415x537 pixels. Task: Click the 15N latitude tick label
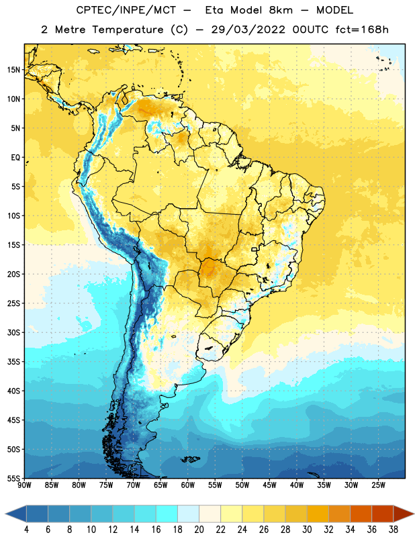tap(13, 70)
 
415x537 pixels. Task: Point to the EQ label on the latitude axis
tap(15, 158)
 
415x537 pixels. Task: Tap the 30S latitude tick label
tap(13, 332)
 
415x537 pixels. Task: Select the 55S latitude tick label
tap(13, 478)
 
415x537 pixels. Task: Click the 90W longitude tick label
tap(24, 485)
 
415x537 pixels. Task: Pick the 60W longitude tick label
tap(188, 485)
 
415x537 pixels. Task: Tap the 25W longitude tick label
tap(378, 485)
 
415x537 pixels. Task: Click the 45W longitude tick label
tap(269, 485)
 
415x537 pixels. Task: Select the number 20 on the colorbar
tap(199, 530)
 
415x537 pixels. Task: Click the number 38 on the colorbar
tap(393, 530)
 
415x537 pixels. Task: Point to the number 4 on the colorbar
tap(26, 530)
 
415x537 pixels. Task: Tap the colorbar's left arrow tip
tap(5, 514)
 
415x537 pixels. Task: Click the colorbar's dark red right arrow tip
tap(414, 514)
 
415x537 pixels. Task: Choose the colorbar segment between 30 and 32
tap(318, 514)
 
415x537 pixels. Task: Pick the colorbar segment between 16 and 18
tap(167, 514)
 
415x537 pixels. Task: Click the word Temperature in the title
tap(128, 30)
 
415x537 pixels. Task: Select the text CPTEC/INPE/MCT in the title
tap(126, 10)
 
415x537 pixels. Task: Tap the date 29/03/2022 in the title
tap(248, 30)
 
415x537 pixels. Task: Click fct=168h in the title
tap(362, 30)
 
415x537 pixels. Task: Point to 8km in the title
tap(281, 10)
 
